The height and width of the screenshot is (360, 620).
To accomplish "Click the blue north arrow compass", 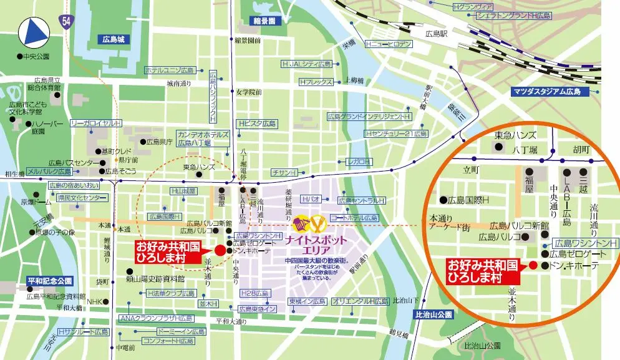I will coord(35,32).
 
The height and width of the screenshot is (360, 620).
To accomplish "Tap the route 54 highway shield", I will coord(67,21).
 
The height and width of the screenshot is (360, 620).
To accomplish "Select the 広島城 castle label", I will coord(114,39).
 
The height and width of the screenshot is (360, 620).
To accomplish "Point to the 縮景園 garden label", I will coord(264,21).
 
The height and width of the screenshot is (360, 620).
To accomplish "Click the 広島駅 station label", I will coord(436,33).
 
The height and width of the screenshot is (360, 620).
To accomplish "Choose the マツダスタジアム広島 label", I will coord(546,92).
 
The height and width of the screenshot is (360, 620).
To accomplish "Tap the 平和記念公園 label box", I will coord(50,281).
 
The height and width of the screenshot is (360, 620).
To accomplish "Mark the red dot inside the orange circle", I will coord(533,265).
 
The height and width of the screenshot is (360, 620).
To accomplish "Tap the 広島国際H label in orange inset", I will coord(467,200).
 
